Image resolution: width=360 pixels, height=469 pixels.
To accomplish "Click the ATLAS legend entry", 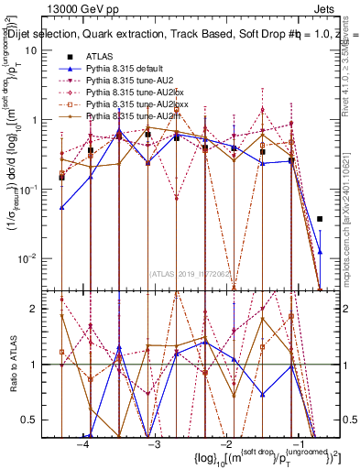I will coord(98,56).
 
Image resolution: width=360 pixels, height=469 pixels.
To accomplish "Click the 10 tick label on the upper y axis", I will coord(30,51).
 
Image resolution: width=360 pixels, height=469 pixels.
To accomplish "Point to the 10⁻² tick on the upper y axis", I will coord(27,257).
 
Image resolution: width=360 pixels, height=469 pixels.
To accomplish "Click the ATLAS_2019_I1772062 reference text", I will coord(191,272).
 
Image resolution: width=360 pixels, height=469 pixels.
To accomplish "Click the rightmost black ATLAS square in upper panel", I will coord(319,219).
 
